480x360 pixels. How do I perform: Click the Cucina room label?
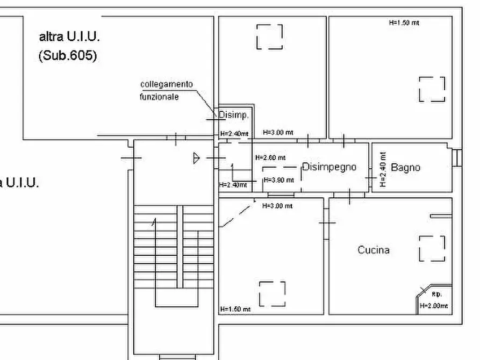tap(374, 250)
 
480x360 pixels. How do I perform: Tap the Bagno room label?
tap(405, 168)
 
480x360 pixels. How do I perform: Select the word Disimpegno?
tap(329, 167)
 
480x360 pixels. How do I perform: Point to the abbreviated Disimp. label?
tap(233, 114)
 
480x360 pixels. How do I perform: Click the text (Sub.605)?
tap(68, 55)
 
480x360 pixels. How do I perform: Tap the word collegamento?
tap(166, 84)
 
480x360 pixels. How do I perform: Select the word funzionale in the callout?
tap(160, 97)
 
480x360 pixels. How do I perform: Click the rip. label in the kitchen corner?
tap(436, 294)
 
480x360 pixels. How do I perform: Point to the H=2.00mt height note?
tap(433, 306)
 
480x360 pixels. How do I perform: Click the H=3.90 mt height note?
tap(277, 179)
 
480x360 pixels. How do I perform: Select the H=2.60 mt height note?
tap(270, 158)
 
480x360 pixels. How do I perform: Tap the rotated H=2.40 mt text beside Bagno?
tap(383, 169)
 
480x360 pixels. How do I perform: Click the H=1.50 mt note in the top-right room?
tap(404, 23)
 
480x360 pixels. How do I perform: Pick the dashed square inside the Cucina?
tap(432, 248)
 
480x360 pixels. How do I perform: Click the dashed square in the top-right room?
tap(432, 89)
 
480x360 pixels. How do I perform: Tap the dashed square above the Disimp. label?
tap(269, 37)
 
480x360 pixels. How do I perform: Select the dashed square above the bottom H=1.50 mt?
tap(273, 293)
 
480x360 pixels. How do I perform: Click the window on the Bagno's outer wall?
tap(457, 157)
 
